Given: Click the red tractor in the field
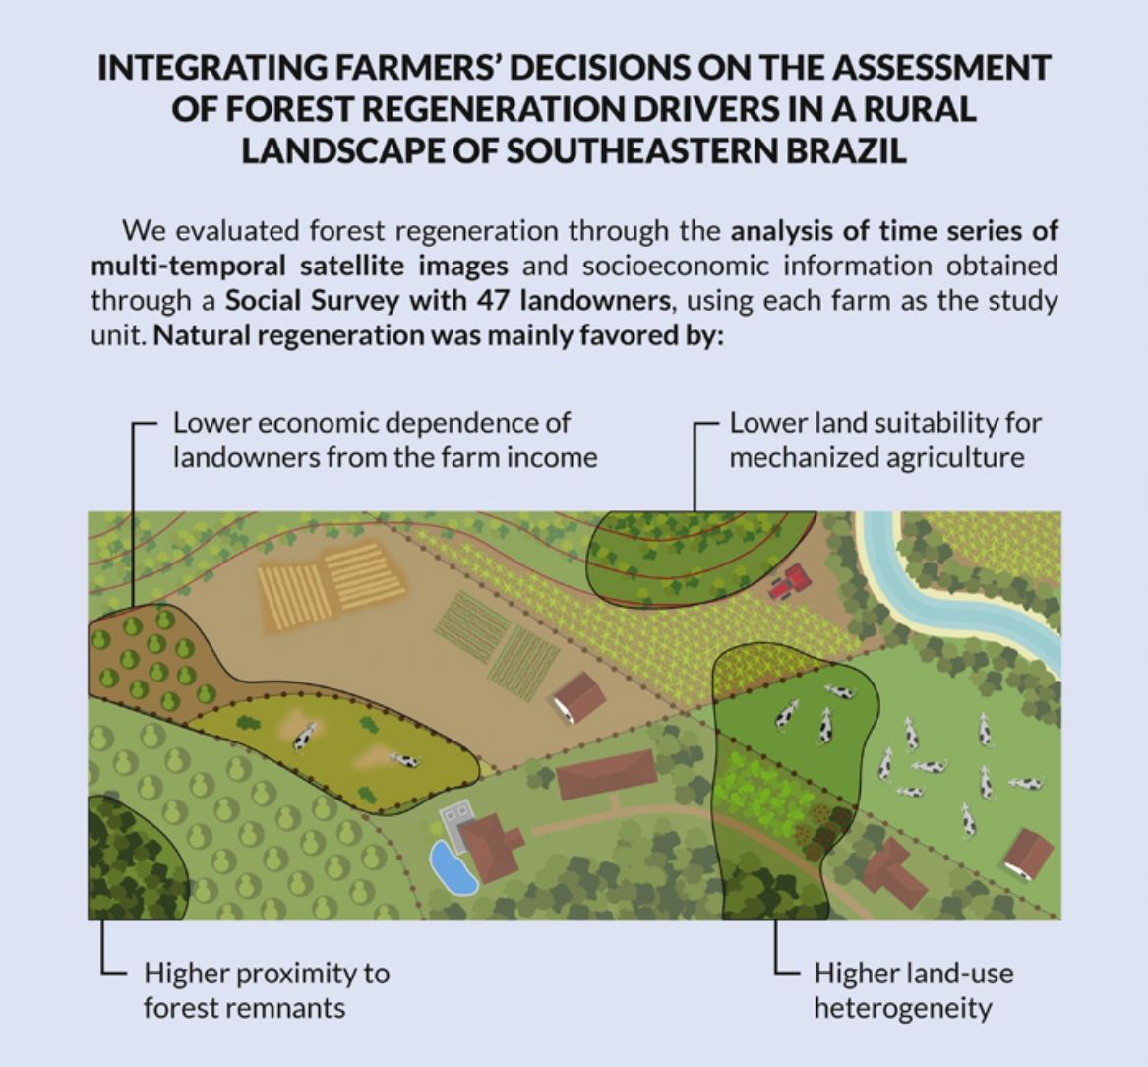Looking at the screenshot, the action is (790, 582).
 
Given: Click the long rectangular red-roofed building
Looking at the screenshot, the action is (606, 774).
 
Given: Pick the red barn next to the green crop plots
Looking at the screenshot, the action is (578, 696).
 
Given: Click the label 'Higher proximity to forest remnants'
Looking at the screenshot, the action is (266, 990).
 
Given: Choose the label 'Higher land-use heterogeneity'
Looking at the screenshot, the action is (913, 990).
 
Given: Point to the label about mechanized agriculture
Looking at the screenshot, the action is (884, 441).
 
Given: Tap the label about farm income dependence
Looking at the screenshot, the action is (385, 441).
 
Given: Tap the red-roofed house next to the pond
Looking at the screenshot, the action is (491, 849).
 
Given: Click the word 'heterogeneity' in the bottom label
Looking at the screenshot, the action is (902, 1008).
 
